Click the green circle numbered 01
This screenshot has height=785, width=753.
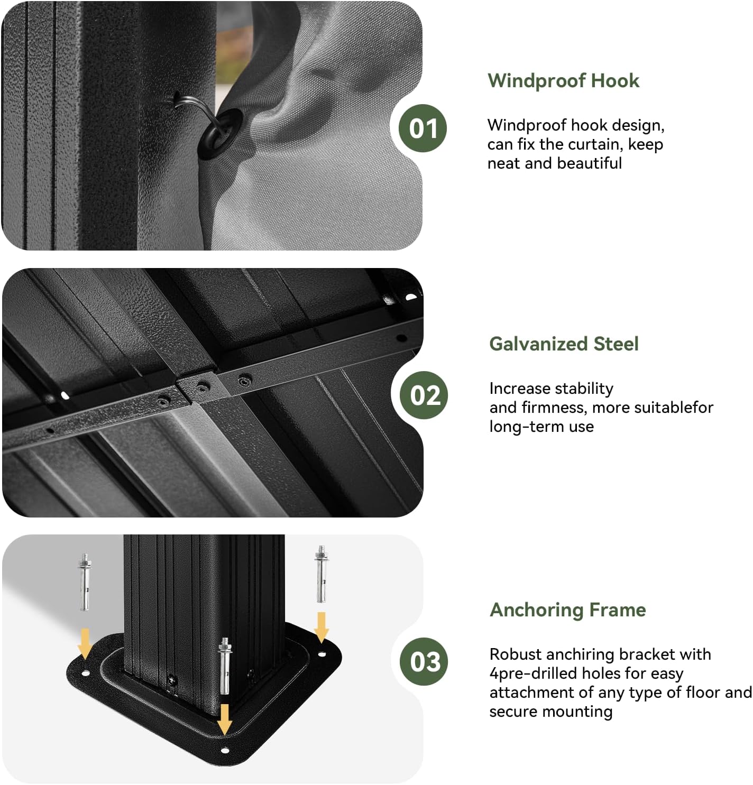click(x=423, y=128)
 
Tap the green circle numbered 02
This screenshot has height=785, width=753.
click(x=424, y=395)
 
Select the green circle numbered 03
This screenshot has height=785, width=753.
click(x=424, y=661)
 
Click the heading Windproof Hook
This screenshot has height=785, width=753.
click(x=563, y=81)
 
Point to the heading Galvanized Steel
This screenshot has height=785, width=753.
click(x=564, y=344)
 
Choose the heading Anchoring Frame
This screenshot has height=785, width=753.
click(x=568, y=610)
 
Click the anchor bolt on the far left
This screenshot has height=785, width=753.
click(x=84, y=581)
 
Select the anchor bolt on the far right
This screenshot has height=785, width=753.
click(x=321, y=574)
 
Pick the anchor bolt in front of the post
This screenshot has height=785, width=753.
click(x=225, y=666)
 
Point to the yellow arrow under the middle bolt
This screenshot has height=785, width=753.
click(x=225, y=719)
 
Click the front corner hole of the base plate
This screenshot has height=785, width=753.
click(x=224, y=750)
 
